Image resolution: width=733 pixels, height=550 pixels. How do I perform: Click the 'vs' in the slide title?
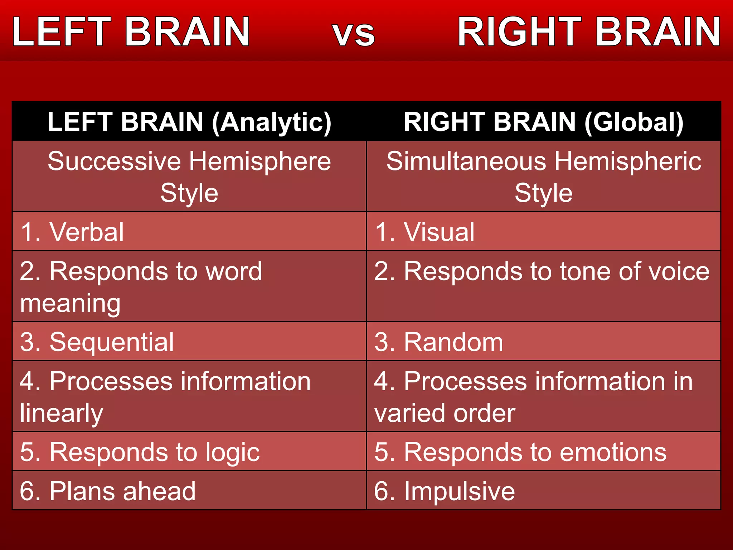tap(354, 34)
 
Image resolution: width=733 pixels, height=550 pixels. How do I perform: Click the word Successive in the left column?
tap(115, 161)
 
